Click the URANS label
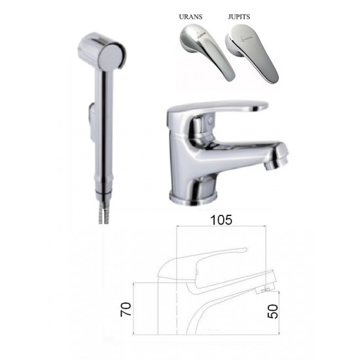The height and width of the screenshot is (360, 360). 190,17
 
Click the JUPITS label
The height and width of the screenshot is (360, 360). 239,17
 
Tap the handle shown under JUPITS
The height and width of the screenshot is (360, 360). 253,53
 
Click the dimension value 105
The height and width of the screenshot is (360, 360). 221,220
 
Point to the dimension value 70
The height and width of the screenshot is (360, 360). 126,310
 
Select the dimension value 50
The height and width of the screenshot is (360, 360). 273,312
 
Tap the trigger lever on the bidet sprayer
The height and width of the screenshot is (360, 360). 91,122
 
